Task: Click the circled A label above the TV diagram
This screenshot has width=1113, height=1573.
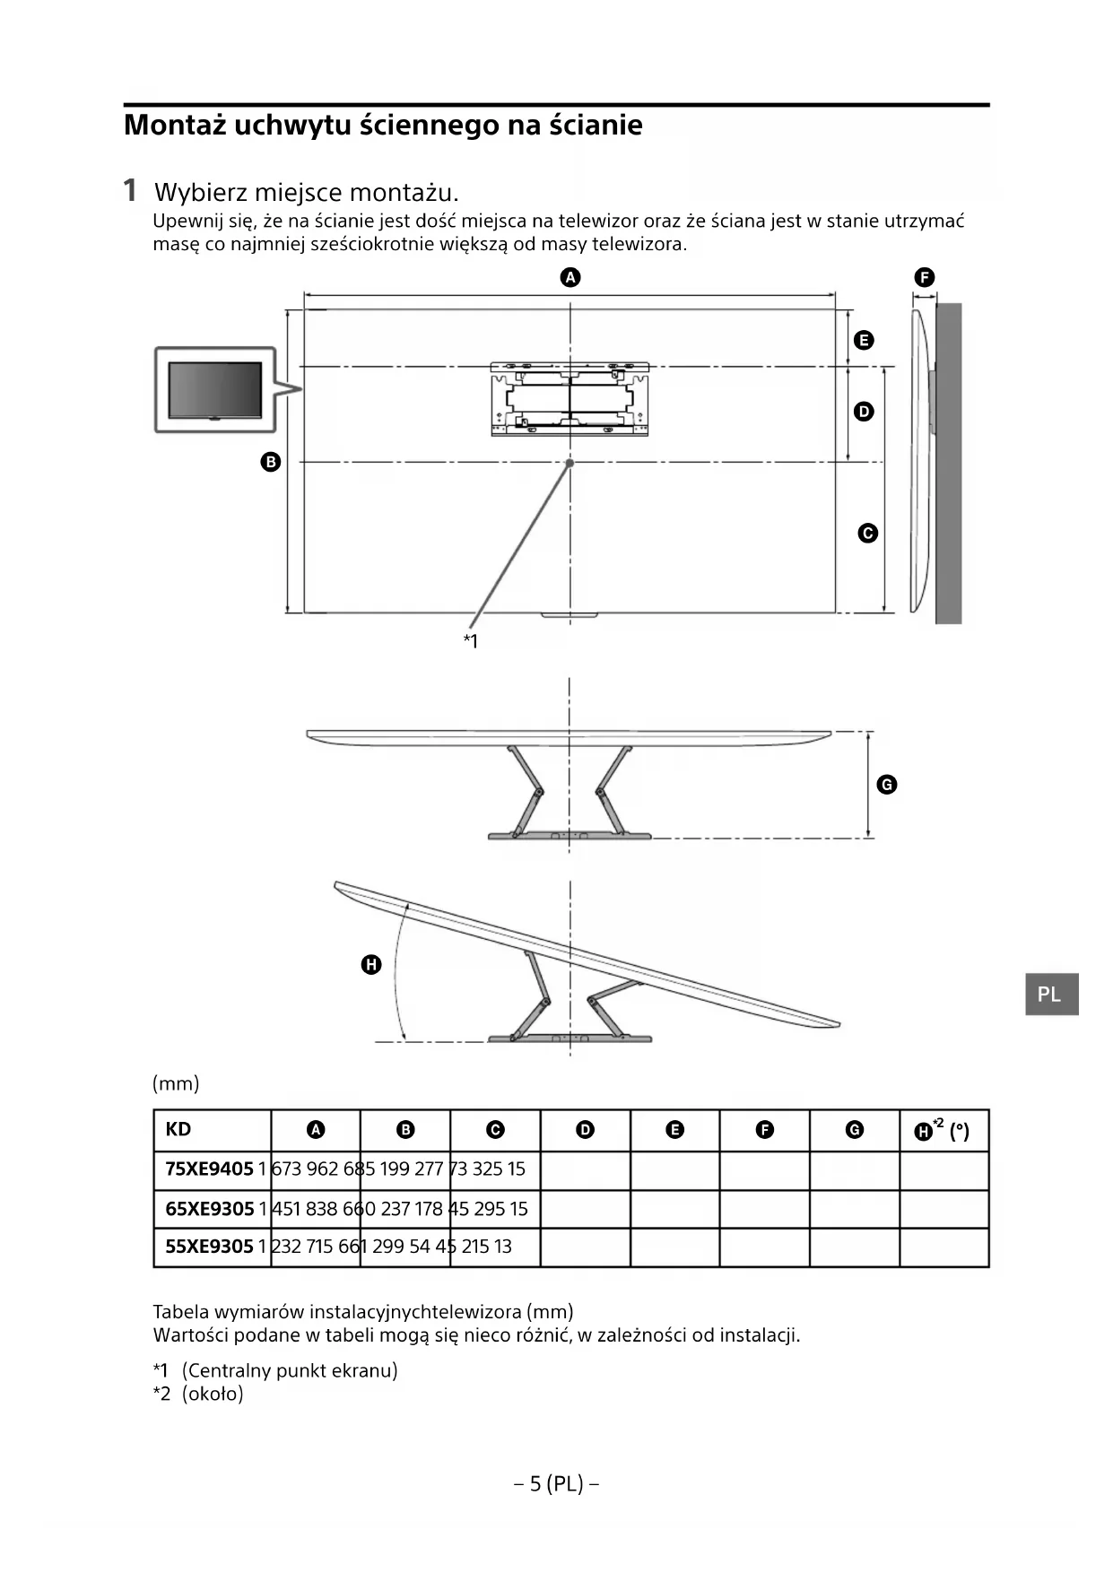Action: (570, 277)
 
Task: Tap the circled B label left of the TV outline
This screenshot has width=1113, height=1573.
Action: (270, 462)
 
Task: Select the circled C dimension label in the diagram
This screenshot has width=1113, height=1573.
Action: (867, 533)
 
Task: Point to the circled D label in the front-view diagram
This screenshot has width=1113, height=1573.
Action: (864, 412)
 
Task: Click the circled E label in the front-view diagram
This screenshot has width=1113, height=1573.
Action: (864, 340)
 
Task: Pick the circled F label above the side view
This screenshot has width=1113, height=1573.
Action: (924, 277)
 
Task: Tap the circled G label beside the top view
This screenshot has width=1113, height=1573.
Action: (886, 785)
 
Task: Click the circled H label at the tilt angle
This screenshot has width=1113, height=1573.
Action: (370, 965)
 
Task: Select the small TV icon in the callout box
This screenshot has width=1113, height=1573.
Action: (215, 390)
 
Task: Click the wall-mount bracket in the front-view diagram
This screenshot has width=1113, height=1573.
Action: (570, 398)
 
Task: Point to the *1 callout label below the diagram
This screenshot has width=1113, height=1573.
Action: (471, 640)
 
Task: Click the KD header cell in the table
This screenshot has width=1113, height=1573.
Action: (178, 1129)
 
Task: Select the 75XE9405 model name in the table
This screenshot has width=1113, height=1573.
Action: (209, 1169)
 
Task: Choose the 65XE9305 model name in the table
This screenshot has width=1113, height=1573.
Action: (209, 1209)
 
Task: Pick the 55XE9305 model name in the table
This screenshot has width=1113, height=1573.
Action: (209, 1247)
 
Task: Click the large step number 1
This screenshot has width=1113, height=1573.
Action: (131, 190)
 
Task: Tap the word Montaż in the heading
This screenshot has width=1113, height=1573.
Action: (174, 125)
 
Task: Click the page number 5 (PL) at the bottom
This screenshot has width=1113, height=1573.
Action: (556, 1483)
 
